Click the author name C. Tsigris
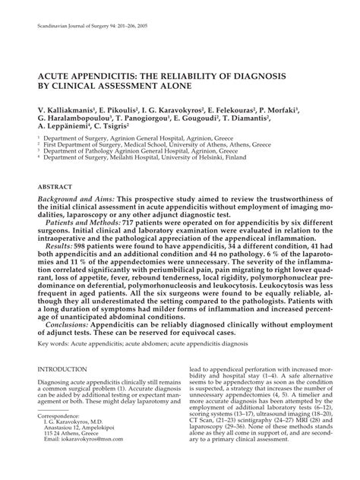(133, 128)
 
